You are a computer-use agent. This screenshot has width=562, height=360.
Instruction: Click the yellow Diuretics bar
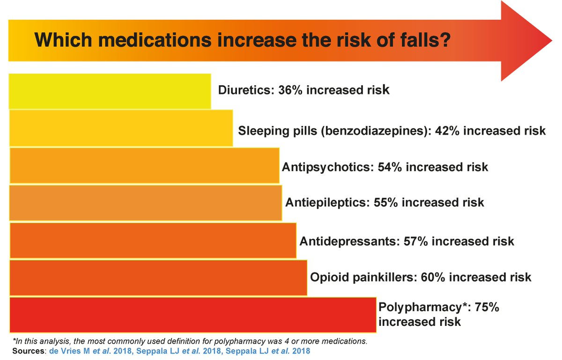pyautogui.click(x=110, y=91)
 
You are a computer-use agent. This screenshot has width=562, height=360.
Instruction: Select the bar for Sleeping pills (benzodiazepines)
pyautogui.click(x=121, y=128)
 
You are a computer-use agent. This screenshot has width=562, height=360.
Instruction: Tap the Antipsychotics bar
pyautogui.click(x=144, y=165)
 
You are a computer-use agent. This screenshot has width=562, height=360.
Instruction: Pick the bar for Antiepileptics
pyautogui.click(x=145, y=203)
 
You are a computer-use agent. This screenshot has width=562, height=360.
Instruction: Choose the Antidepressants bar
pyautogui.click(x=153, y=240)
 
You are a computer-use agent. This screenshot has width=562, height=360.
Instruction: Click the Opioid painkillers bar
pyautogui.click(x=158, y=277)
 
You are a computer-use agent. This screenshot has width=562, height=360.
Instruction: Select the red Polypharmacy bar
pyautogui.click(x=192, y=315)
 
